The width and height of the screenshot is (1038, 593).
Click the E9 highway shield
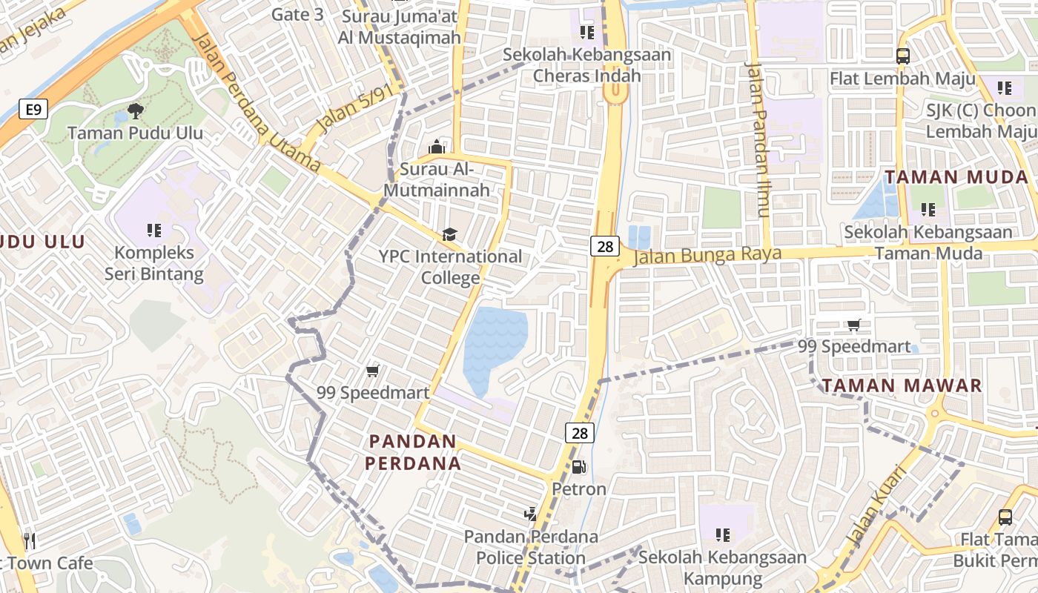point(32,110)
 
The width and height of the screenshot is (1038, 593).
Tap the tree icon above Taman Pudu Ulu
point(135,111)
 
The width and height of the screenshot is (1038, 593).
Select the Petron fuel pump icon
point(578,466)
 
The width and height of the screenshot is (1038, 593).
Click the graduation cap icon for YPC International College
point(449,235)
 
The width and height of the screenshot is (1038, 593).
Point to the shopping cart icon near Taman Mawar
point(854,325)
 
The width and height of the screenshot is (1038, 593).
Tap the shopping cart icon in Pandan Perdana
point(373,371)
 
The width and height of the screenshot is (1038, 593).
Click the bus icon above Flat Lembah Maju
point(902,56)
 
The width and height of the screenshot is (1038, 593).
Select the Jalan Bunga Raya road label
point(708,255)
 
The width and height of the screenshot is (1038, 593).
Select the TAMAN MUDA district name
point(956,177)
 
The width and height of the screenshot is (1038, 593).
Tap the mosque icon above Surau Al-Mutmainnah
point(436,147)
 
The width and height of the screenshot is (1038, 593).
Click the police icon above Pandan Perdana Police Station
point(530,513)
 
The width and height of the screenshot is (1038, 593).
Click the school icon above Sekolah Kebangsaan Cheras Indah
point(586,32)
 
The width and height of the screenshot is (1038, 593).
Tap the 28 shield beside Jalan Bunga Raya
point(605,246)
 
